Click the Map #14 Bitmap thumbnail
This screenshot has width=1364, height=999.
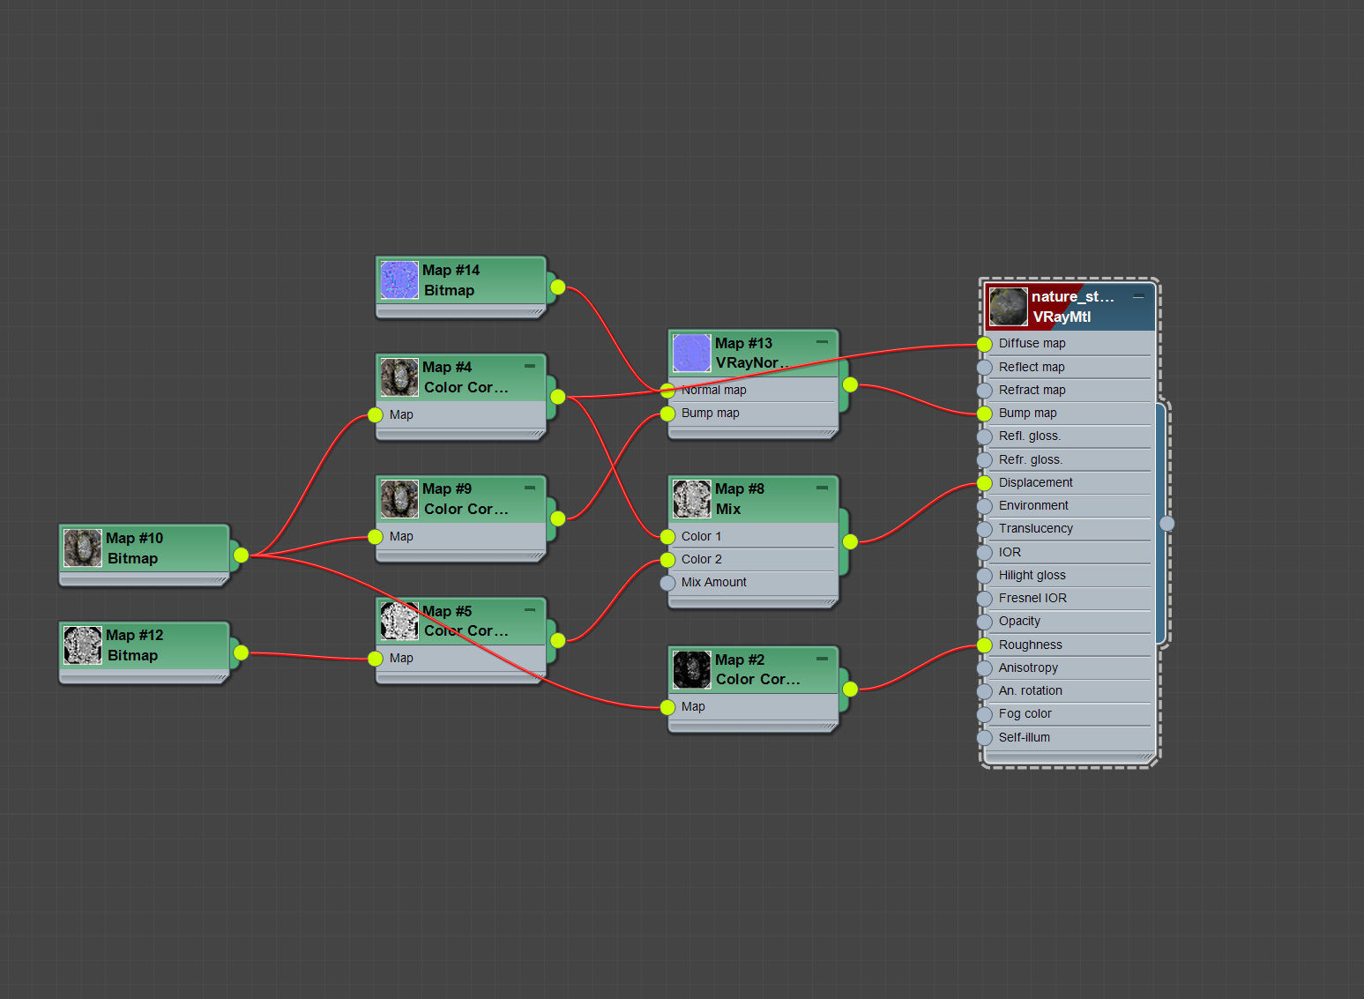click(x=399, y=280)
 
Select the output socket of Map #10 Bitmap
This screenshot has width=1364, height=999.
click(x=241, y=555)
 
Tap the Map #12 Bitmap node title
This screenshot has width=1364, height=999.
click(x=135, y=645)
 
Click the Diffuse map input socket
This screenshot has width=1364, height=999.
click(x=985, y=344)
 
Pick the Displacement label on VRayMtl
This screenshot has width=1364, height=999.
click(x=1035, y=483)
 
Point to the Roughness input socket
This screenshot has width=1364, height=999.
click(x=985, y=645)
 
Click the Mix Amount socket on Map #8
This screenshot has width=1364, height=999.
click(x=668, y=583)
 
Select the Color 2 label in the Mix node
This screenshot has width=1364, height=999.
click(x=702, y=559)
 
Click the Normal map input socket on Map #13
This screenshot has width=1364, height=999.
click(x=668, y=391)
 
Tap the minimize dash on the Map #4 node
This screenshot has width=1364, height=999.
click(x=530, y=366)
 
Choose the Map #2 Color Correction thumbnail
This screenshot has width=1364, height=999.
click(x=692, y=669)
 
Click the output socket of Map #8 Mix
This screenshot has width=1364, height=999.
click(x=850, y=541)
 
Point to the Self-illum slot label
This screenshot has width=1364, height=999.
click(x=1025, y=737)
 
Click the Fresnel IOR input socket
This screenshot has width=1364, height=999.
click(x=985, y=599)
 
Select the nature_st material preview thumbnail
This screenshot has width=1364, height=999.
click(x=1009, y=307)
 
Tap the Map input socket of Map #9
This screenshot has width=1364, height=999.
click(x=375, y=537)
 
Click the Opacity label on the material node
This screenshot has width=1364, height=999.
click(x=1019, y=621)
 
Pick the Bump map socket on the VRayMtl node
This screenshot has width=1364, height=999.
click(x=985, y=414)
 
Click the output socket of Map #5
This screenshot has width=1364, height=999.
click(x=558, y=640)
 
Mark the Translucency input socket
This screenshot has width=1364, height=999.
click(x=985, y=529)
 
